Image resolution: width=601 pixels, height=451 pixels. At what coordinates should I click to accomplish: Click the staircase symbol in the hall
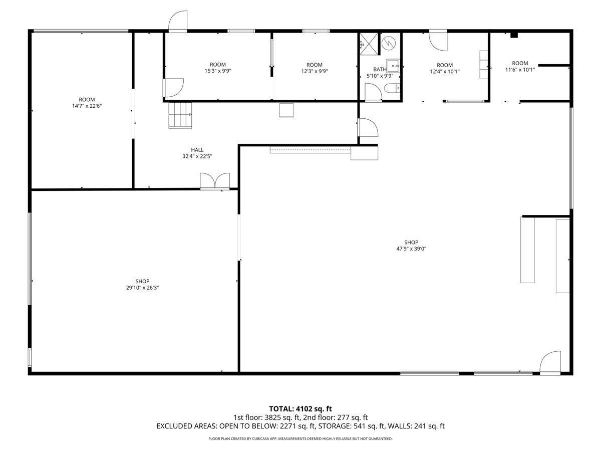coord(180,115)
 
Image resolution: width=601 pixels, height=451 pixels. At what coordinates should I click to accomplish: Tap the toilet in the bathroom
coord(392,89)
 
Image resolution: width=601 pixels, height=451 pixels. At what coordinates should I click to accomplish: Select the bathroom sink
coord(393,66)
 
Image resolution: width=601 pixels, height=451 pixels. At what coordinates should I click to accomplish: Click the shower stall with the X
coord(369,44)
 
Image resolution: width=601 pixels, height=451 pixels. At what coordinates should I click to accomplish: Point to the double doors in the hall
coord(215,181)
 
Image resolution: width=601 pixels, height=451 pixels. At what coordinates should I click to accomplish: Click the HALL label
coord(197,150)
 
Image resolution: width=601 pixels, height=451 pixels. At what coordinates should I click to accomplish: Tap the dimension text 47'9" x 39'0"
coord(411,249)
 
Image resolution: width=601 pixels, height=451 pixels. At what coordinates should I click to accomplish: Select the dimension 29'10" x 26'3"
coord(142,288)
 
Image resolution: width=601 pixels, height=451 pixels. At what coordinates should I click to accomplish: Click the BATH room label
coord(380,70)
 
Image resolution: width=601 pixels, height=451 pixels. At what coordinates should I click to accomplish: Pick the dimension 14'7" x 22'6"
coord(87,106)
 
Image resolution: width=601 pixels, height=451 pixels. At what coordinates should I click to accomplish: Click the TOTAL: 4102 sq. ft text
coord(300,409)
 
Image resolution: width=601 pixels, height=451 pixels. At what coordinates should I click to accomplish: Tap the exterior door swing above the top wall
coord(178,22)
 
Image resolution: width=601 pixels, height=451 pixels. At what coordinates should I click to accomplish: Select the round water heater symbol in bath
coord(389,43)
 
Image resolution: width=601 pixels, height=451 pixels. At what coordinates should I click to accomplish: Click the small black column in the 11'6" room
coord(514,35)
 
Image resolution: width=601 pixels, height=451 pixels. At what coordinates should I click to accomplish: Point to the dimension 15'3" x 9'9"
coord(218,71)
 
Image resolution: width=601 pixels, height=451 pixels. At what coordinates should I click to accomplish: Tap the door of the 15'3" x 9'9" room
coord(173,88)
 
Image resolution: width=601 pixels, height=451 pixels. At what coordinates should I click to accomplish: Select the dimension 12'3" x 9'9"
coord(315,71)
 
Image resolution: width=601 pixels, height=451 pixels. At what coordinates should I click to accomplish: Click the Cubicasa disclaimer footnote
coord(300,438)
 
